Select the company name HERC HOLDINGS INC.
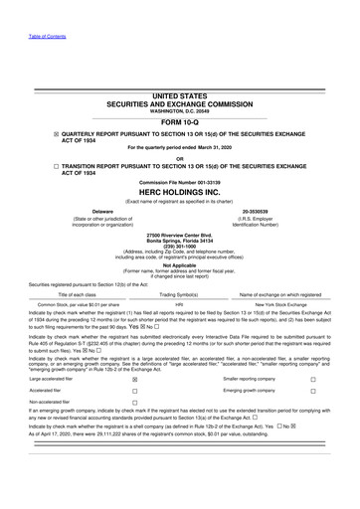(x=179, y=193)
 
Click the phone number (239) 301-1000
(x=179, y=245)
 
